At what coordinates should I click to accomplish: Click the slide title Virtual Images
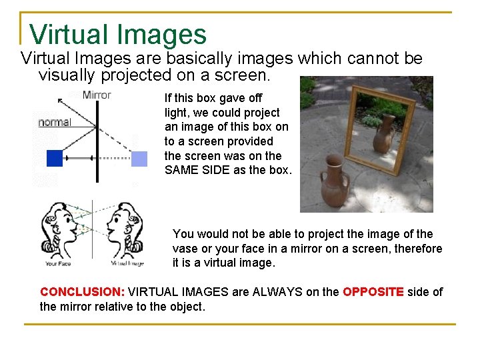[118, 34]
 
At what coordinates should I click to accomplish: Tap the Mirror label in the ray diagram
[97, 95]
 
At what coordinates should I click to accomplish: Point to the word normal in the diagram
[55, 122]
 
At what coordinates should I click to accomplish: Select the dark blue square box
[54, 158]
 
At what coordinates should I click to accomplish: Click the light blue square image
[139, 159]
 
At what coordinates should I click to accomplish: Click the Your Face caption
[59, 263]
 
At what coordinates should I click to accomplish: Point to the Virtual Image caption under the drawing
[127, 263]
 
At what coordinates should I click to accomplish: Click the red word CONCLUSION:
[82, 292]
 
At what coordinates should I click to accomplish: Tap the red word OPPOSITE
[373, 292]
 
